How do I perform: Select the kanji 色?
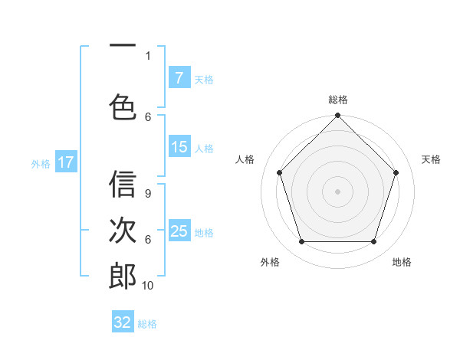pos(123,107)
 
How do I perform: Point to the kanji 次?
pos(123,231)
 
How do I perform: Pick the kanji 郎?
pos(123,276)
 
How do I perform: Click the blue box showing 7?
pos(179,78)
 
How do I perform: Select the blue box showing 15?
pos(179,148)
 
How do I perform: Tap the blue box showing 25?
pos(179,231)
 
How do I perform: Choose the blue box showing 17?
pos(65,162)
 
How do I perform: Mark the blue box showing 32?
pos(123,322)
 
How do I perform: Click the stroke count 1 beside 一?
pos(148,55)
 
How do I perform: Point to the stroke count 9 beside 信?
pos(148,194)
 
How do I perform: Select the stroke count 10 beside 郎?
pos(148,285)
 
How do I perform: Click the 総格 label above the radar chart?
pos(338,100)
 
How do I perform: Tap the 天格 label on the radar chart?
pos(431,159)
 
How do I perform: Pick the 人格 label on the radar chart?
pos(245,159)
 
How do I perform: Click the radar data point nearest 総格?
pos(338,116)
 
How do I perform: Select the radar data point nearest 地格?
pos(374,242)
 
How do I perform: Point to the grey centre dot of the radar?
pos(338,191)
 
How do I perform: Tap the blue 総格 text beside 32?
pos(148,324)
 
